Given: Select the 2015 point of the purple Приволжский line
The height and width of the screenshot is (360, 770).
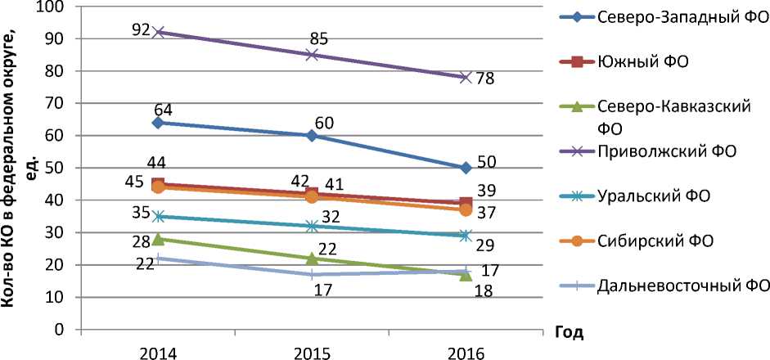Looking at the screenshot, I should coord(312,55).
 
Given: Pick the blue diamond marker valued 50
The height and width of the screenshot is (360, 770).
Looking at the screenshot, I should coord(465,168).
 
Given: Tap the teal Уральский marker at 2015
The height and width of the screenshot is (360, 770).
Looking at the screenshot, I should coord(312,226).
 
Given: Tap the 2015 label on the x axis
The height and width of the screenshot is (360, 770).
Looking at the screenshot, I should coord(312,353).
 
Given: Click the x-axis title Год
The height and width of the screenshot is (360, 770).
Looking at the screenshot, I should coord(568,333).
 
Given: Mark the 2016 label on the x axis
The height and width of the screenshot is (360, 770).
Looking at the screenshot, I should coord(465,353).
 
